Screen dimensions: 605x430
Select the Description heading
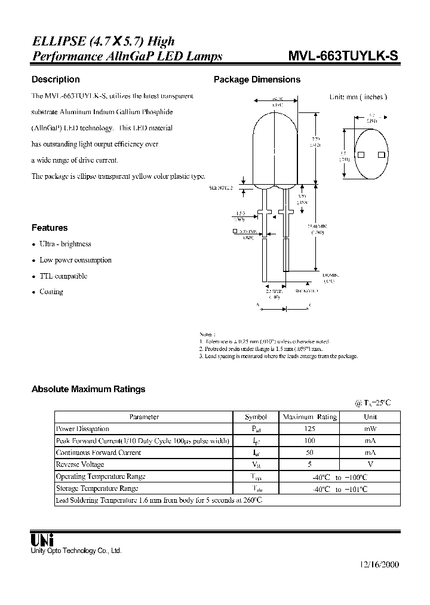(56, 80)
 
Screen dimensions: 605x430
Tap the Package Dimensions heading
(257, 80)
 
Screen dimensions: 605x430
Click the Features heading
(50, 228)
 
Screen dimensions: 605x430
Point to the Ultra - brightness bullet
(65, 244)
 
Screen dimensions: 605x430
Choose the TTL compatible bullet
(63, 276)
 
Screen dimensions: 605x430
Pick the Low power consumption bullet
(75, 260)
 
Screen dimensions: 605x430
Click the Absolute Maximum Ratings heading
(88, 389)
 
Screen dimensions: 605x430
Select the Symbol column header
(256, 417)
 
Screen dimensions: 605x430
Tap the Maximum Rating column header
(310, 417)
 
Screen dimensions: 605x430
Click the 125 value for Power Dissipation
(310, 429)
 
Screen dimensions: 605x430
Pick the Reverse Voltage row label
(80, 465)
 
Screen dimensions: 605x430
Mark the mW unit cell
(371, 429)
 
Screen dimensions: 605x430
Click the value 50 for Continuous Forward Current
(310, 453)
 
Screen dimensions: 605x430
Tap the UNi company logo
(42, 539)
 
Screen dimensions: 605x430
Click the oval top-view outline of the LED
(370, 155)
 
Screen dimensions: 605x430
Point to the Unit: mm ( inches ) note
(358, 97)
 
